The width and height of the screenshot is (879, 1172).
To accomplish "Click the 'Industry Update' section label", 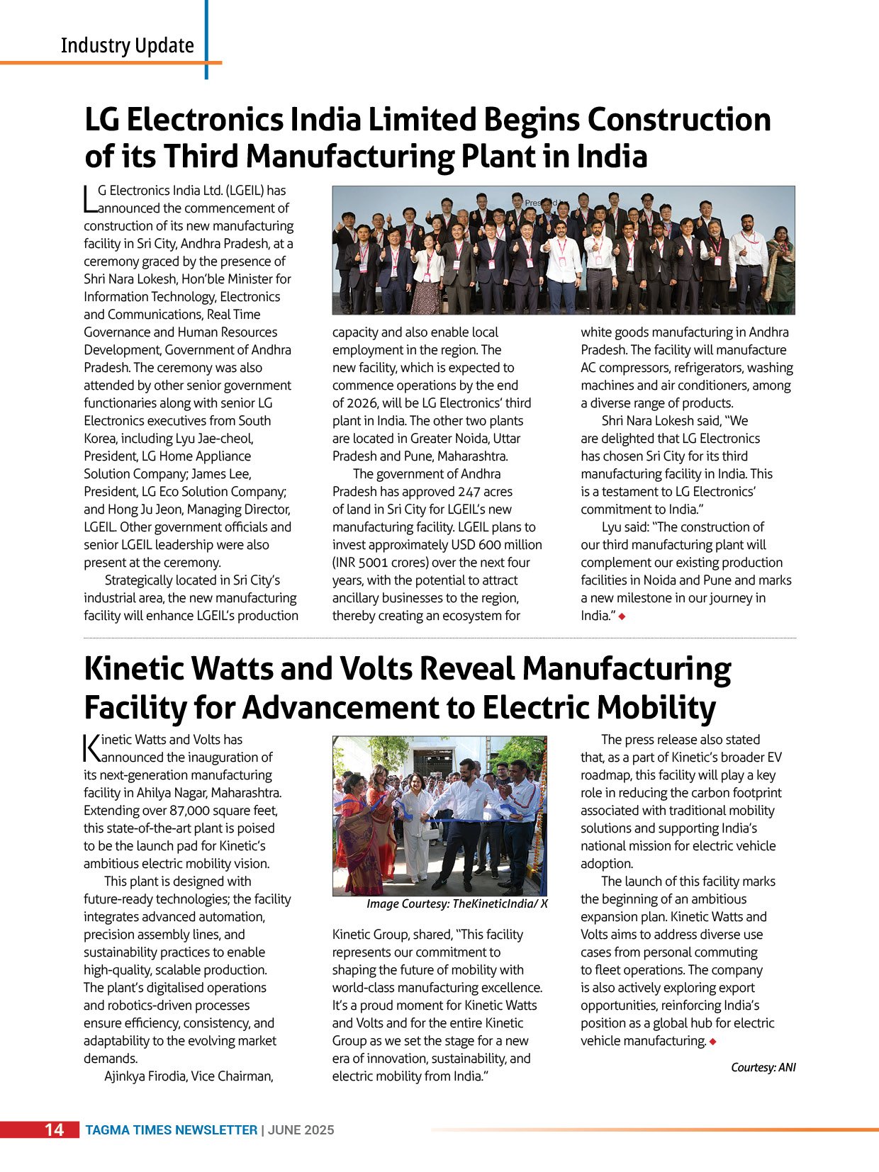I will tap(128, 45).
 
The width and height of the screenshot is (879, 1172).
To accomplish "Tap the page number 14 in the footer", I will tap(55, 1129).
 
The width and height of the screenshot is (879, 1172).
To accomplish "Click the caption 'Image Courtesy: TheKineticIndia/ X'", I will tap(457, 904).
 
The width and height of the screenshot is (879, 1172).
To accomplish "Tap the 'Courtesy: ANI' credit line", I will tap(763, 1067).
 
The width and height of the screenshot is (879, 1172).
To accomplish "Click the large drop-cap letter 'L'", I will tap(89, 199).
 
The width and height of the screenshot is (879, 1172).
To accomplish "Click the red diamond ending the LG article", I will tap(622, 616).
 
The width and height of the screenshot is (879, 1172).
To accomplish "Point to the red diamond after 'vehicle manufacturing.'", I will tap(712, 1042).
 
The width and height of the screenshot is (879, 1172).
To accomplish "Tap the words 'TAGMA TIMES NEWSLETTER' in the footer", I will tap(172, 1130).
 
